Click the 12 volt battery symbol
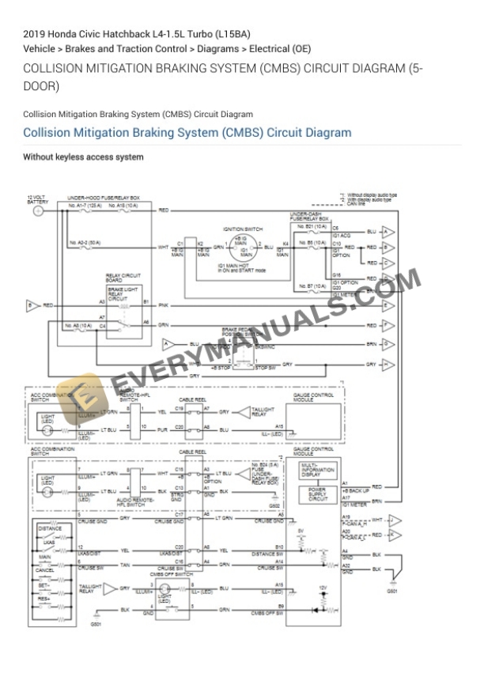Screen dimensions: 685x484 [x=37, y=211]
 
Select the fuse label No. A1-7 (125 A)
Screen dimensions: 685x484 [x=82, y=204]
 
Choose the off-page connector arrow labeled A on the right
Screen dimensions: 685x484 [x=388, y=232]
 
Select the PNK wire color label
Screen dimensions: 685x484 [x=164, y=305]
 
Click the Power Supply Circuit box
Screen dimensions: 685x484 [x=318, y=496]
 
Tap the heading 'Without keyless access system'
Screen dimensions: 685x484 [x=83, y=157]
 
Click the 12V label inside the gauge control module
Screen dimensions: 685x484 [x=322, y=587]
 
